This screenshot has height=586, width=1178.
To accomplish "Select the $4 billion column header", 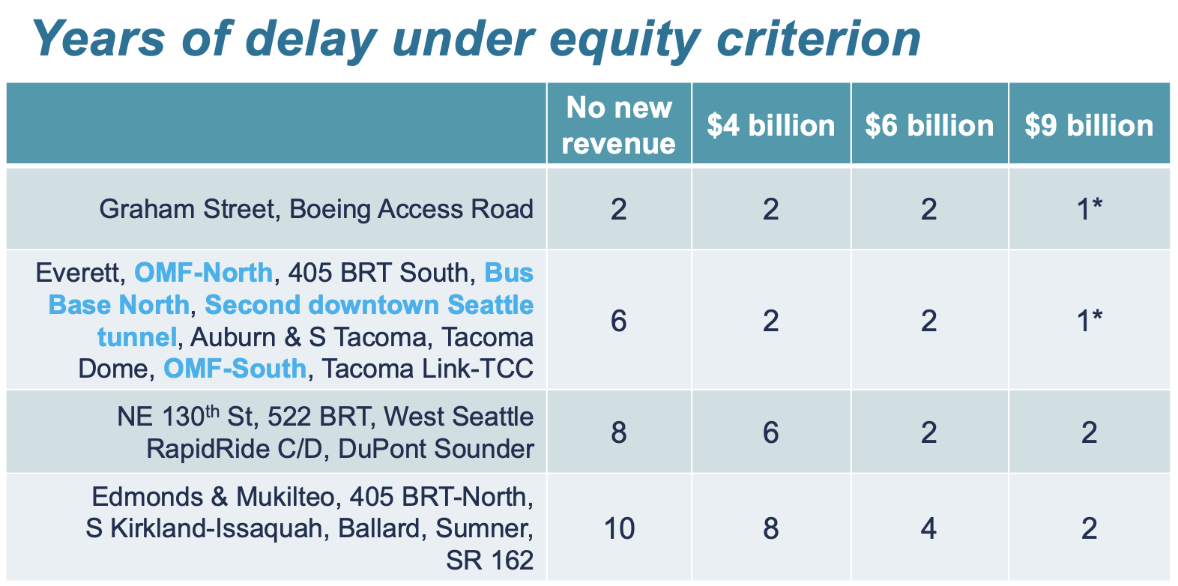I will coord(770,125).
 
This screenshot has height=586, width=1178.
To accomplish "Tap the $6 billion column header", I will coord(929,125).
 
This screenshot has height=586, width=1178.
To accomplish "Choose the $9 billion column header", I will coord(1089,125).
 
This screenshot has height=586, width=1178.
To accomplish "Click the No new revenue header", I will coord(619,125).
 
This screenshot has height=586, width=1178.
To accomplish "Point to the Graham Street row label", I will coord(316,208).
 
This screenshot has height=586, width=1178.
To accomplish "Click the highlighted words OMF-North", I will coord(203,272).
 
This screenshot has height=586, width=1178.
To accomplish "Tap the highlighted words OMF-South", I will coord(235,369).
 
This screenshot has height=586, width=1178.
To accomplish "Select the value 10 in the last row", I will coord(619,528).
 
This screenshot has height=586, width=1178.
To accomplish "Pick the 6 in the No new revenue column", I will coord(619,321).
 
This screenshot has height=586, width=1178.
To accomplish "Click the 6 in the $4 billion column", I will coord(770,432).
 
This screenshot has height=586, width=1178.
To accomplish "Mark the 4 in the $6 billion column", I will coord(929,528).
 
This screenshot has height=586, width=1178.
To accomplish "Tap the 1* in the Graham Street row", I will coord(1089,208).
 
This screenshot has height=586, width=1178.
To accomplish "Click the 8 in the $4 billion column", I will coord(770,528).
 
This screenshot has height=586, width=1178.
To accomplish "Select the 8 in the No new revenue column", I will coord(619,432).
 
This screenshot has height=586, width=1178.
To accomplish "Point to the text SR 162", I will coord(490,561).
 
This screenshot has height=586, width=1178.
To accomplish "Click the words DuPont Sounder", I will coord(436,449).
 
